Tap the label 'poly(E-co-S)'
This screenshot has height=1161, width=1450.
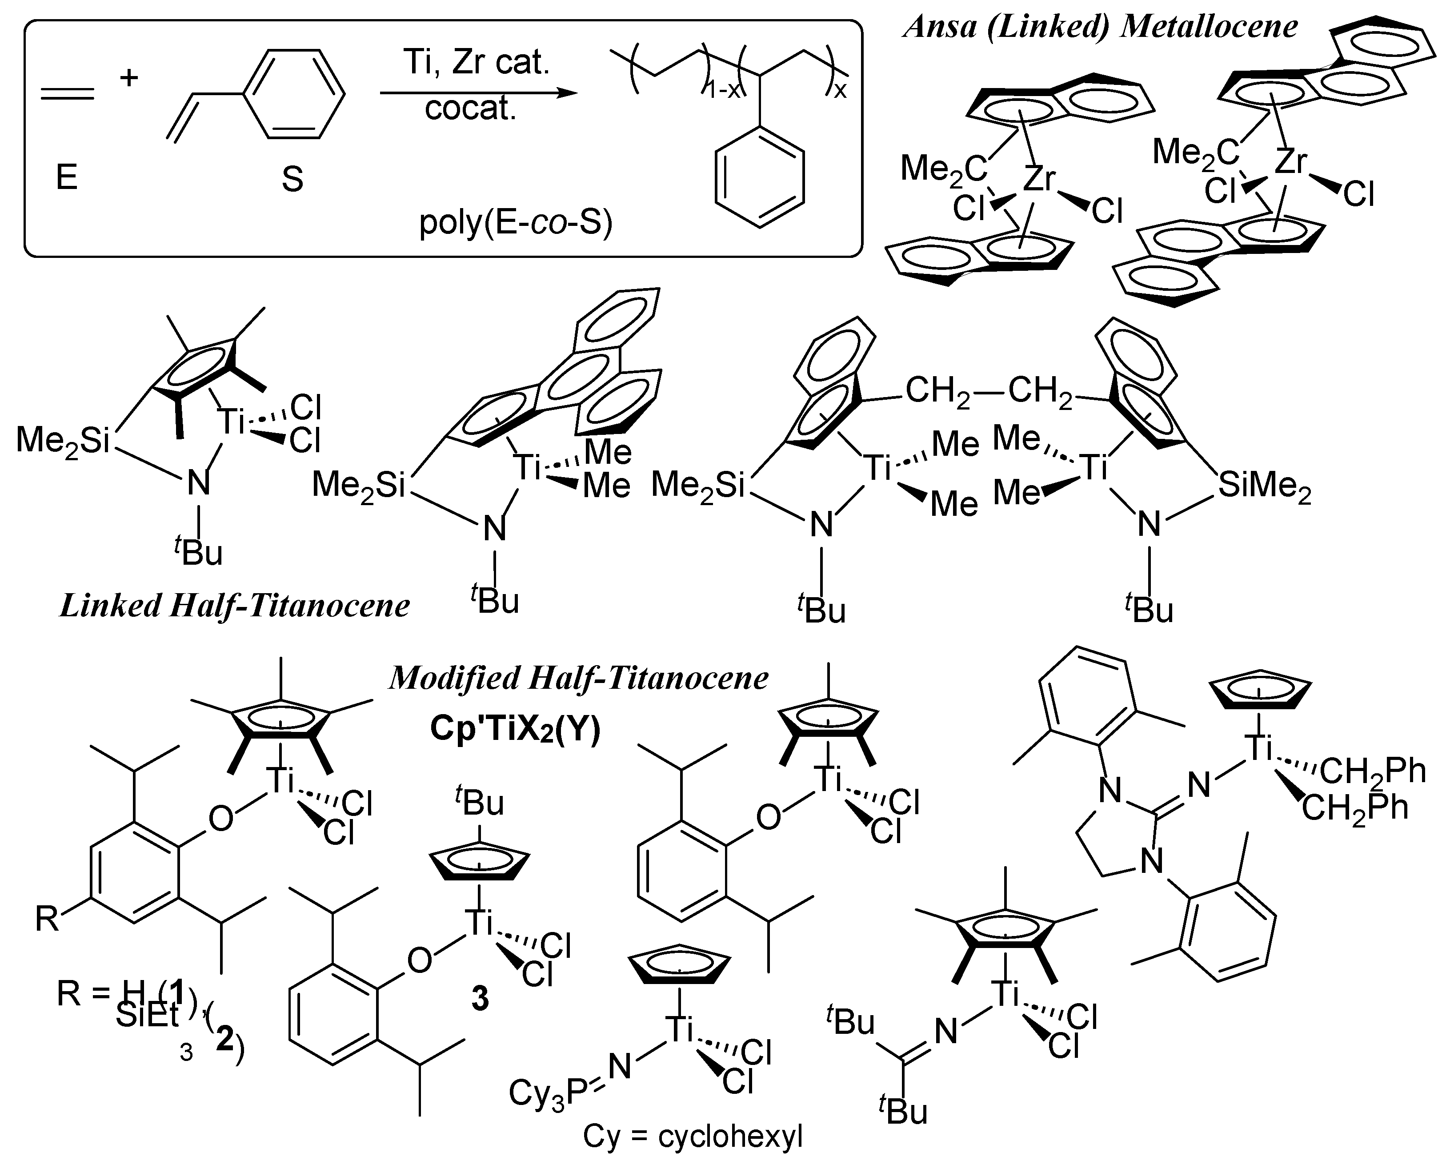click(x=516, y=223)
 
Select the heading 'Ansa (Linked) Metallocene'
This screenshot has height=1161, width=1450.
click(x=1100, y=27)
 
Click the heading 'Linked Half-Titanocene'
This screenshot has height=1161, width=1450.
click(x=235, y=605)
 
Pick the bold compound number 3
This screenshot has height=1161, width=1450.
click(x=480, y=999)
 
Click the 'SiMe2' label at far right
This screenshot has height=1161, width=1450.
click(x=1264, y=486)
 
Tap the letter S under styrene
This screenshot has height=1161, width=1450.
click(x=292, y=180)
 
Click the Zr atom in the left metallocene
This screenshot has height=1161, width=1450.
click(x=1039, y=180)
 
